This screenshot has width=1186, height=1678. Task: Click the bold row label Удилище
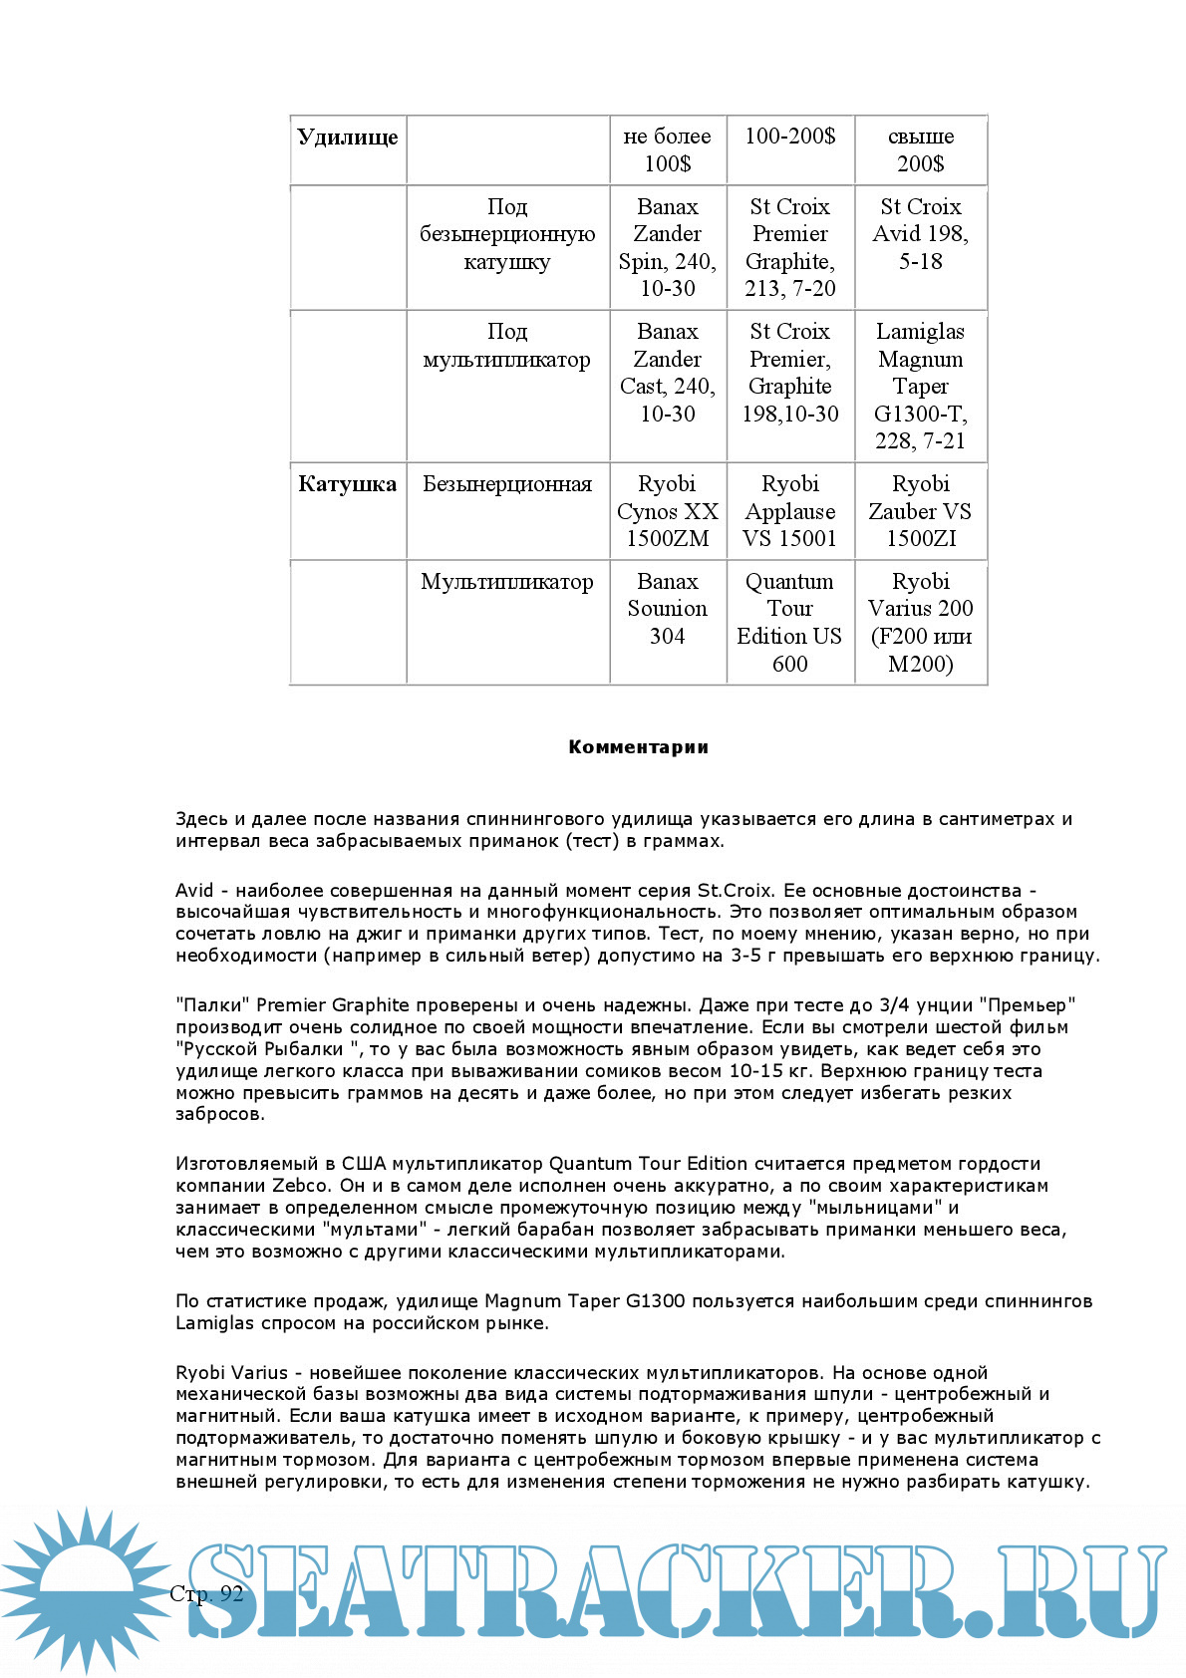[x=347, y=138]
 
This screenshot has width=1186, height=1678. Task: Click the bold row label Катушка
[x=347, y=485]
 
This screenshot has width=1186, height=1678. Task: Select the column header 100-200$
[x=790, y=137]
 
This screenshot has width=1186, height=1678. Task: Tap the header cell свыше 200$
[x=920, y=149]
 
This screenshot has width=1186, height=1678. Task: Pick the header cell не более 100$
[x=667, y=149]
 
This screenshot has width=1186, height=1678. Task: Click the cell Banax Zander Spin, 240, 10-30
[x=667, y=247]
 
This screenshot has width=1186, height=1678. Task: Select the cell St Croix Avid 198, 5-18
[x=920, y=234]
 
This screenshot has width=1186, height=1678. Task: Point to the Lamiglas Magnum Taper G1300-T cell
[x=920, y=386]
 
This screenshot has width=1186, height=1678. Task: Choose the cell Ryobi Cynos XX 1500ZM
[x=667, y=511]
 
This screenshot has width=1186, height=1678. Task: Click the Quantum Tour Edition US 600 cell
[x=790, y=622]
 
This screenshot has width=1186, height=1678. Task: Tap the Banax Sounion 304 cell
[x=667, y=608]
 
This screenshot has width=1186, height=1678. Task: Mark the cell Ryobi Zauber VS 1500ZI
[x=920, y=511]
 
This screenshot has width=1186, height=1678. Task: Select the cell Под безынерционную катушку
[x=507, y=234]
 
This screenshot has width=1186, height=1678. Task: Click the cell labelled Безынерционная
[x=507, y=485]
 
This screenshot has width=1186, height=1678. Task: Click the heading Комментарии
[x=638, y=747]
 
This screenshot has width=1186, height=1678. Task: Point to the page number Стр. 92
[x=206, y=1593]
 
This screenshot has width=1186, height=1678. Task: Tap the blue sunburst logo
[x=85, y=1589]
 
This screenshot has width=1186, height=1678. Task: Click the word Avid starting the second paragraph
[x=194, y=891]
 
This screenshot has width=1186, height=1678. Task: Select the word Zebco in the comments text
[x=300, y=1186]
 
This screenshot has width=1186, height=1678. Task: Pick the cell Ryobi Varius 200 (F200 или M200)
[x=920, y=622]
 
